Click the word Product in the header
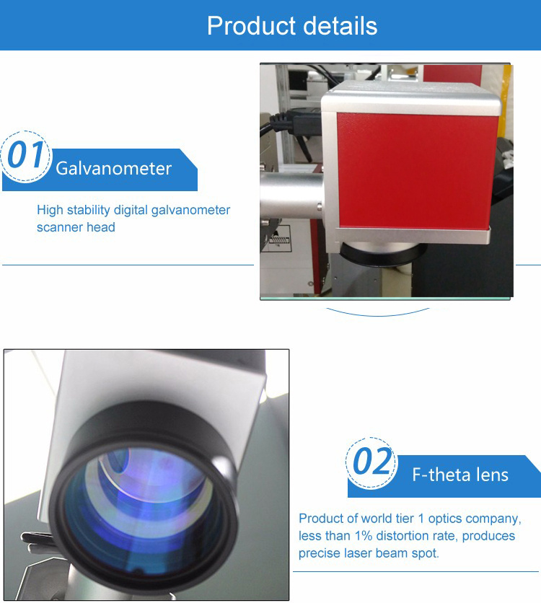(x=252, y=26)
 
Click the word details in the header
(x=340, y=26)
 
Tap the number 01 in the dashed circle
(x=25, y=154)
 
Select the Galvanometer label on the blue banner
(x=113, y=169)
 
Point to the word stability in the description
(x=89, y=210)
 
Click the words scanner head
(x=76, y=227)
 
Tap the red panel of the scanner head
(x=417, y=171)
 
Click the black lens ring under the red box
(x=383, y=255)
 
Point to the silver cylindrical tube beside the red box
(x=291, y=195)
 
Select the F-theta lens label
(x=460, y=475)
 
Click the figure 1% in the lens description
(x=364, y=536)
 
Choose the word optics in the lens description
(x=445, y=519)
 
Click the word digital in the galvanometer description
(x=131, y=210)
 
